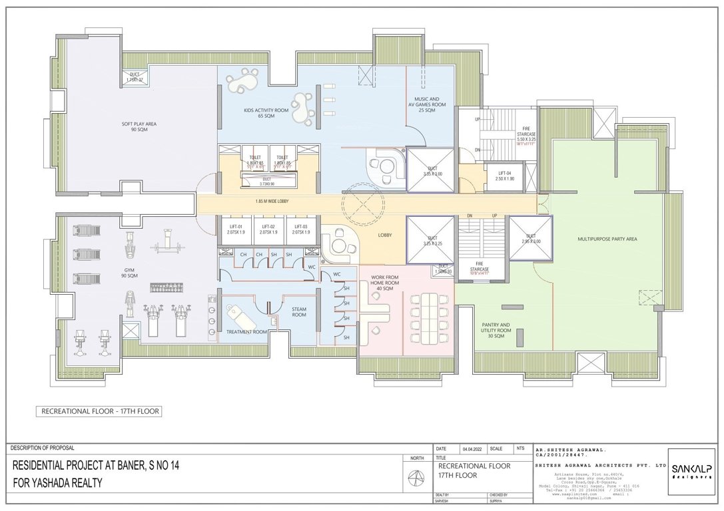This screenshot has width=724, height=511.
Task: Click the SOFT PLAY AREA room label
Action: [135, 126]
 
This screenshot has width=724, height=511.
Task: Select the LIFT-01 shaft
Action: [234, 230]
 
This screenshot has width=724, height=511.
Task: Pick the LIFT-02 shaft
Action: [268, 230]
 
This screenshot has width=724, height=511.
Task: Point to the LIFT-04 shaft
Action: [504, 176]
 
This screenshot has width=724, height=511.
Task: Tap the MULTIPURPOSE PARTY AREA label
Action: [608, 238]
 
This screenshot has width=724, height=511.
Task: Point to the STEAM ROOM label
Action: [299, 311]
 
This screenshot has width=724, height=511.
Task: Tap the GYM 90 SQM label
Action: [129, 273]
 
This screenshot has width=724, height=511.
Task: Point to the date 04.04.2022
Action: [472, 449]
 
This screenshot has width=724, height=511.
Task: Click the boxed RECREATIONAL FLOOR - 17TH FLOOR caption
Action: [100, 412]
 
